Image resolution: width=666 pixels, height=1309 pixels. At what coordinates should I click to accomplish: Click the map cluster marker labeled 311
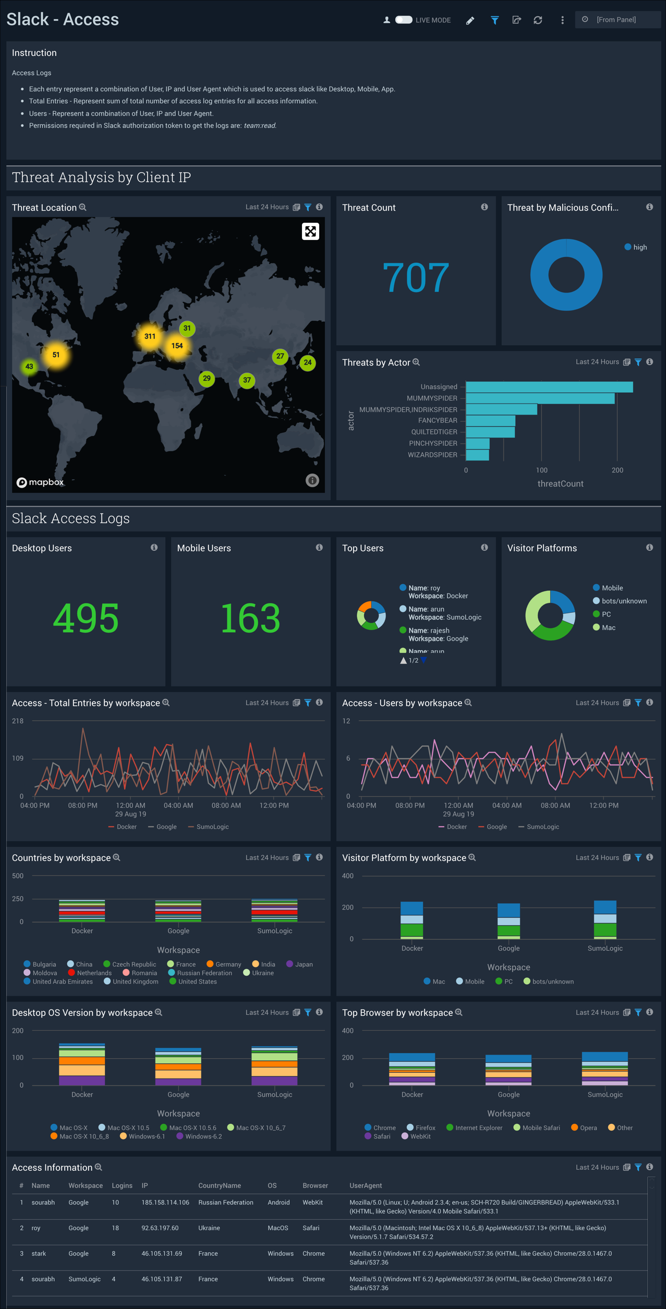pyautogui.click(x=150, y=336)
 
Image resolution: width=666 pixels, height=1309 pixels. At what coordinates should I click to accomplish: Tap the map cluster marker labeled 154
pyautogui.click(x=177, y=346)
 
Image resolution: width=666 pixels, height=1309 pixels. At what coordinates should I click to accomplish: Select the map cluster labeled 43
pyautogui.click(x=29, y=367)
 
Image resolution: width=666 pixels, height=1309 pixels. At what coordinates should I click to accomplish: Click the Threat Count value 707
pyautogui.click(x=416, y=277)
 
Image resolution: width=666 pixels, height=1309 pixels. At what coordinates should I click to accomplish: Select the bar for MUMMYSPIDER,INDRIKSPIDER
pyautogui.click(x=501, y=409)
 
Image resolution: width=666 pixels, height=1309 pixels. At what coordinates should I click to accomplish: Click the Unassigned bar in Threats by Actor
pyautogui.click(x=549, y=387)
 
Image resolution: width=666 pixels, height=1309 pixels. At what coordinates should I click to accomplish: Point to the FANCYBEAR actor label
pyautogui.click(x=438, y=420)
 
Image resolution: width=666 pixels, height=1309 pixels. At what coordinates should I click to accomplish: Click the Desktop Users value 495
pyautogui.click(x=86, y=619)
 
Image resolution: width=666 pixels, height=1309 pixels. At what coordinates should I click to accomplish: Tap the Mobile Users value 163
pyautogui.click(x=250, y=619)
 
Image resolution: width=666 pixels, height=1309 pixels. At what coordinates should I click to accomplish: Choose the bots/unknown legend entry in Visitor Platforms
pyautogui.click(x=624, y=601)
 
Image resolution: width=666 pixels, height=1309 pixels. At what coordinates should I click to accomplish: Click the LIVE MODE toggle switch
pyautogui.click(x=404, y=20)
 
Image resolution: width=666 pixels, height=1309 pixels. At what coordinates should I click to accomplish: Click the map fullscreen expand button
pyautogui.click(x=310, y=232)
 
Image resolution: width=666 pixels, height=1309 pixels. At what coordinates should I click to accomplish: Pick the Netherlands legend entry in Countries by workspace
pyautogui.click(x=94, y=973)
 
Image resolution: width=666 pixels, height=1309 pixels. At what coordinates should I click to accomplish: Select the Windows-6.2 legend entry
pyautogui.click(x=203, y=1136)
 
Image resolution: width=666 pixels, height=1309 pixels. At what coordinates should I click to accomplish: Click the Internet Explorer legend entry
pyautogui.click(x=478, y=1128)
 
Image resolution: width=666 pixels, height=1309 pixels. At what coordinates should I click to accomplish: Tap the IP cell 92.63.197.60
pyautogui.click(x=160, y=1228)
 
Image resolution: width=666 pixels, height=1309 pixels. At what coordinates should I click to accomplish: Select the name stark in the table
pyautogui.click(x=39, y=1254)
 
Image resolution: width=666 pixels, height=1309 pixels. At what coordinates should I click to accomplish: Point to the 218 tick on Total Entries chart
pyautogui.click(x=18, y=721)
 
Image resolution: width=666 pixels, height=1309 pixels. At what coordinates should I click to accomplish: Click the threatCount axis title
pyautogui.click(x=560, y=484)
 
